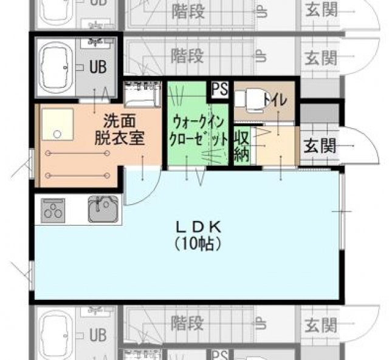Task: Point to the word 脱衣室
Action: point(119,138)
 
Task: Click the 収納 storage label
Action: point(242,146)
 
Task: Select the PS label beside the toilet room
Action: point(219,89)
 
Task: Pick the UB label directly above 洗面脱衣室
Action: point(98,67)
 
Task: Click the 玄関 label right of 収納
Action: point(320,146)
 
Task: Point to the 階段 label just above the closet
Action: point(187,56)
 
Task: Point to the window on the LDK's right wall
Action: point(342,210)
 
